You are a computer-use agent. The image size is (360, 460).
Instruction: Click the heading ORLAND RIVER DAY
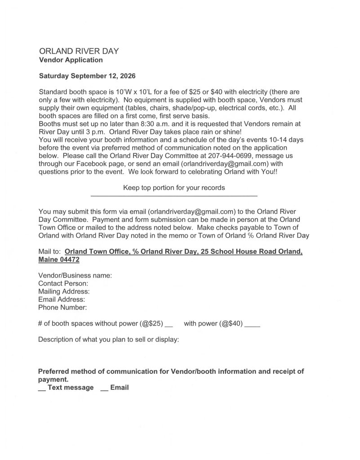tap(79, 51)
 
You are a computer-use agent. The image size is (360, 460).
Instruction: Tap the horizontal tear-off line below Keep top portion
tap(174, 196)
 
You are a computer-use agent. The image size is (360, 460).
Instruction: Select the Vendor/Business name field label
tap(75, 275)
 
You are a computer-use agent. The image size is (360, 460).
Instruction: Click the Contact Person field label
tap(63, 283)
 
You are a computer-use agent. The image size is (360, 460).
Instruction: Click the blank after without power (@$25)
tap(169, 324)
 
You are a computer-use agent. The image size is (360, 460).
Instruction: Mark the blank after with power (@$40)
tap(253, 324)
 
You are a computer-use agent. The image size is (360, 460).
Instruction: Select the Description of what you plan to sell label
tap(109, 340)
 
